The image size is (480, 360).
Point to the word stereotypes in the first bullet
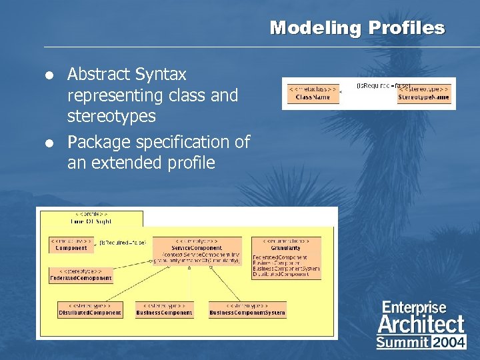pos(111,116)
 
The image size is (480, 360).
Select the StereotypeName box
pos(423,93)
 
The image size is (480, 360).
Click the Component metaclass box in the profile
pos(71,244)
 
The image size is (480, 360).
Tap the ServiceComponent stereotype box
pos(196,251)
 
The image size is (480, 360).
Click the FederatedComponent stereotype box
pos(81,275)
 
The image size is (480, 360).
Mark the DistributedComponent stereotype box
pos(89,309)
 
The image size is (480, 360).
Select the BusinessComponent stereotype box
pos(164,309)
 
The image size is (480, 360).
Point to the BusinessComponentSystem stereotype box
pos(247,309)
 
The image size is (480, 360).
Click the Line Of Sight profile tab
pos(91,218)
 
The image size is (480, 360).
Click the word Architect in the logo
pos(421,325)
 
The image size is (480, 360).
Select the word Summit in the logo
pos(403,343)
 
